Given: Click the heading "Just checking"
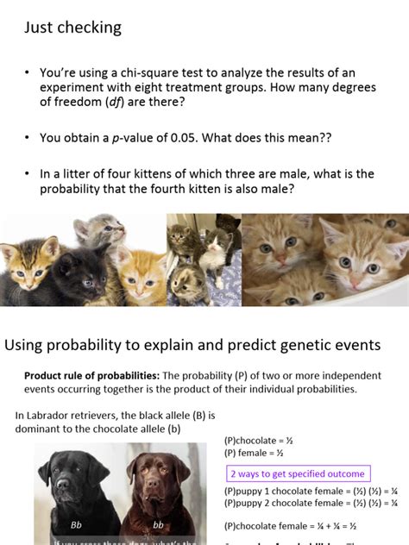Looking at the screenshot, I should point(72,28).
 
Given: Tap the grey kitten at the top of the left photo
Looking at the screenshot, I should point(97,231).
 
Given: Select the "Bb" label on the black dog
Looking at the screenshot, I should point(76,523).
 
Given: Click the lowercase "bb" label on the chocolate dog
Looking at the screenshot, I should point(158,523).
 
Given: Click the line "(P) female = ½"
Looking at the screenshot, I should point(254,453).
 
